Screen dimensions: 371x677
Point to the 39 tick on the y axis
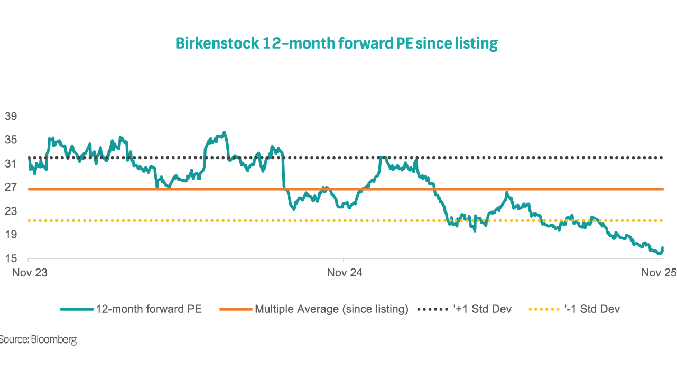[10, 116]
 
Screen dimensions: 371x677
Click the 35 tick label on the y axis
[10, 140]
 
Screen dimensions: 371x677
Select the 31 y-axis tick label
[10, 164]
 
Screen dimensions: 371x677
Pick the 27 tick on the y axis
[10, 188]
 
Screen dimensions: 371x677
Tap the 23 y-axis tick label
[10, 211]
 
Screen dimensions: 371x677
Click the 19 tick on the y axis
[10, 235]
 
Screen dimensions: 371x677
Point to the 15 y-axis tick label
[10, 259]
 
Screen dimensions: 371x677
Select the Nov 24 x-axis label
[345, 273]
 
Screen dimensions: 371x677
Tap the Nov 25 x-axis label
[659, 273]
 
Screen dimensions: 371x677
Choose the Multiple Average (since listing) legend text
[331, 309]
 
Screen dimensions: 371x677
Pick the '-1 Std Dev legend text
[592, 309]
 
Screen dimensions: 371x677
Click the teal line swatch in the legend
[76, 309]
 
